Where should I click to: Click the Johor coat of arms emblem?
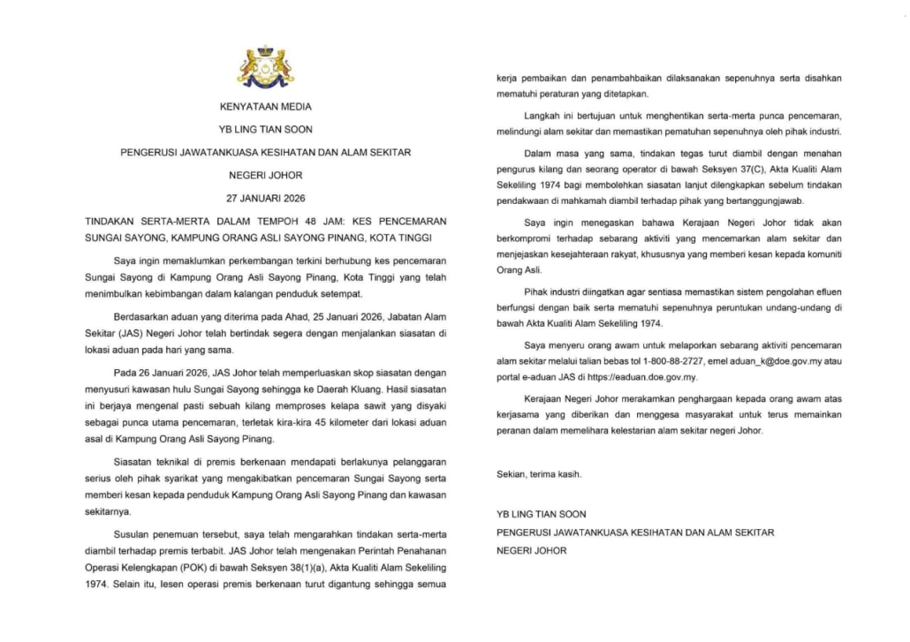click(266, 68)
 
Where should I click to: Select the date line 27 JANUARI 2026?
click(265, 197)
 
